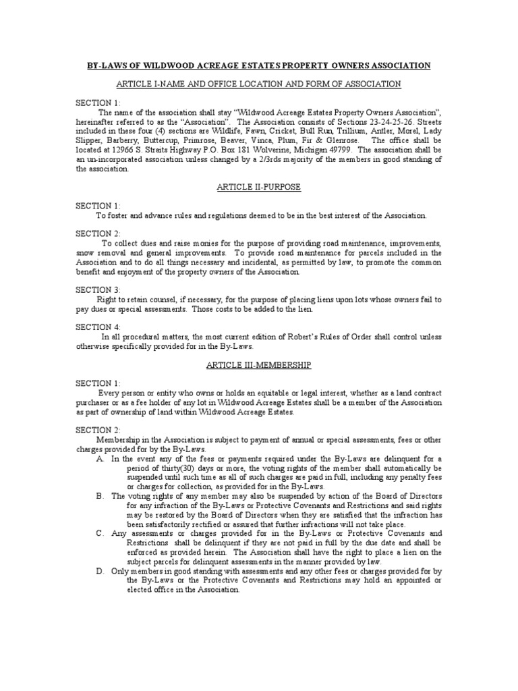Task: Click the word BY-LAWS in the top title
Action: (107, 65)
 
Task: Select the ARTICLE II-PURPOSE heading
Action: (258, 187)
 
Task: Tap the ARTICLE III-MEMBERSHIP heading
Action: (258, 364)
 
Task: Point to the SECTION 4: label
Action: (98, 327)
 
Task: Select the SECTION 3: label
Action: (98, 289)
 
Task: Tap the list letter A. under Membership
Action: (100, 458)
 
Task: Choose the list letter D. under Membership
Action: (100, 570)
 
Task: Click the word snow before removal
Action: (88, 252)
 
